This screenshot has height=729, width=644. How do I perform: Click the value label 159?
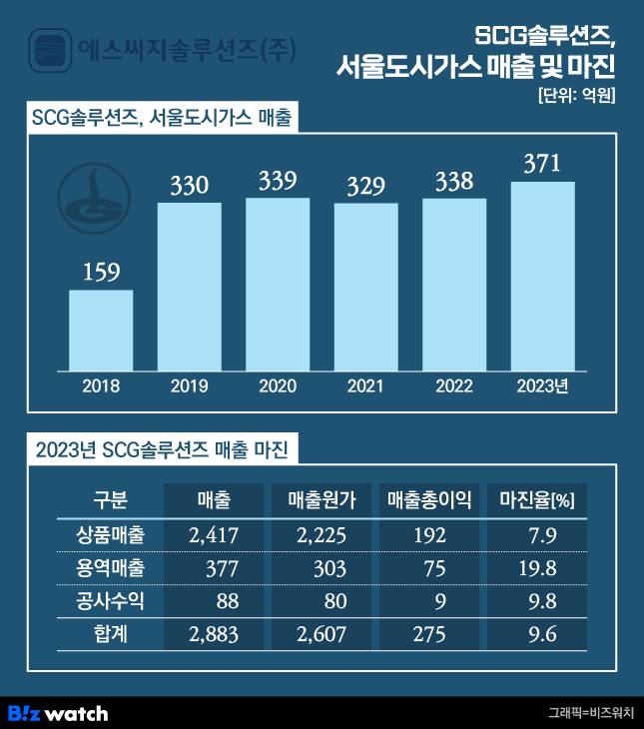coord(101,273)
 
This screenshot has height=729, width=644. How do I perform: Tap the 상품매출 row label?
coord(110,535)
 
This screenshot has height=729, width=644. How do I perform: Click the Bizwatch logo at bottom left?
coord(58,713)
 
